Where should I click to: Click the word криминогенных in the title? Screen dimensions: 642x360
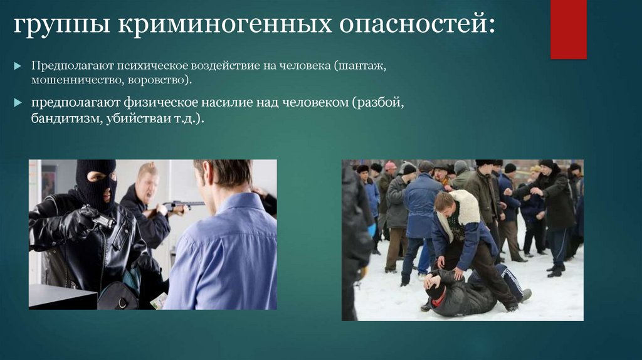225,25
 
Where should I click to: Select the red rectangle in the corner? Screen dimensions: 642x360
568,29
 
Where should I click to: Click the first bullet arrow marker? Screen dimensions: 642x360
18,65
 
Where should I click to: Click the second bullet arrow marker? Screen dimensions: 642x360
18,102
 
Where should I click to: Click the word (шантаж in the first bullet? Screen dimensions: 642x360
360,65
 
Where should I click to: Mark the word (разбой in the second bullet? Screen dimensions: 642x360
378,102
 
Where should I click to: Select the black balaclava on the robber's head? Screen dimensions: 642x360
97,184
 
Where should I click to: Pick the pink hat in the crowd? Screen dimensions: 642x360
391,165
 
